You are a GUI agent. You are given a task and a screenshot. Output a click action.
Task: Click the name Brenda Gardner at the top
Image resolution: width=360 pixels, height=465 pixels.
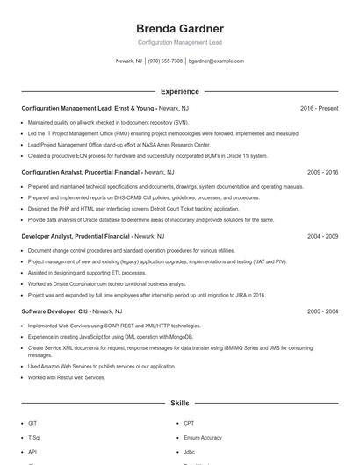(x=179, y=29)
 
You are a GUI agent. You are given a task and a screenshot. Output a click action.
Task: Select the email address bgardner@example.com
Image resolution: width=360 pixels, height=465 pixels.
(x=216, y=61)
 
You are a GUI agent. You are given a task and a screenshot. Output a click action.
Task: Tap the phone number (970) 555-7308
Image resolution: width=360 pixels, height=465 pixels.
(x=166, y=61)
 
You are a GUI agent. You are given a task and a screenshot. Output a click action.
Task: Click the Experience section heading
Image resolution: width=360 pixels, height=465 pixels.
(x=179, y=91)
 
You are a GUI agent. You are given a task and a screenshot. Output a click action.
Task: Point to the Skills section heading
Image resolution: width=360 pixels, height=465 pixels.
(x=179, y=404)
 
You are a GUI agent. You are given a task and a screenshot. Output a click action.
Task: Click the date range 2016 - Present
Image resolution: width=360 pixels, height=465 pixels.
(x=319, y=108)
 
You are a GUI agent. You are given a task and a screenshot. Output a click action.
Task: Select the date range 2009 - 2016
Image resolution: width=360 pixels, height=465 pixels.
(x=321, y=173)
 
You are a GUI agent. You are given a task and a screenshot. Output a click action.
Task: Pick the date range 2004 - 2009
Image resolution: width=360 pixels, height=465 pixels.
(x=321, y=237)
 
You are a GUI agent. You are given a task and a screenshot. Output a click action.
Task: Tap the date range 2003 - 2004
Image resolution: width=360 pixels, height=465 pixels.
(x=321, y=311)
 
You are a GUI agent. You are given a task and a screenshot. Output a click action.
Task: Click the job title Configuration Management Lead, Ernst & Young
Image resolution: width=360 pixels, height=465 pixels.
(x=89, y=108)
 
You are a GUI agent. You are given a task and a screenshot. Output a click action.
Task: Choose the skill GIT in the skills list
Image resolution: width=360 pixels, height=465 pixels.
(x=33, y=422)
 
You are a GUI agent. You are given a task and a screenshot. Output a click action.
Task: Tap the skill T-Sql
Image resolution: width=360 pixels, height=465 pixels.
(x=35, y=436)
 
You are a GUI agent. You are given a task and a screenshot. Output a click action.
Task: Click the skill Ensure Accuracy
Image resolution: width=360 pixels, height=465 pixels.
(x=203, y=436)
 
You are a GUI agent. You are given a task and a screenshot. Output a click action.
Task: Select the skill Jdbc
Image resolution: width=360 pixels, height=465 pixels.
(x=190, y=451)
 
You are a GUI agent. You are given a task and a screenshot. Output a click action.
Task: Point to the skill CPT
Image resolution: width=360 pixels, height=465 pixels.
(x=190, y=422)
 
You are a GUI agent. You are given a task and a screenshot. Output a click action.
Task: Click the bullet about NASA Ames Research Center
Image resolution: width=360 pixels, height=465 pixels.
(x=119, y=144)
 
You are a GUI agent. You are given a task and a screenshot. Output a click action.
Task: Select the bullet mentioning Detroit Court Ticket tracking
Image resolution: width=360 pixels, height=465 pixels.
(x=121, y=209)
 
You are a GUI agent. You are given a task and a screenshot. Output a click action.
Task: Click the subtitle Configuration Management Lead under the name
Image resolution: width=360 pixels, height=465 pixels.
(x=179, y=42)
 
